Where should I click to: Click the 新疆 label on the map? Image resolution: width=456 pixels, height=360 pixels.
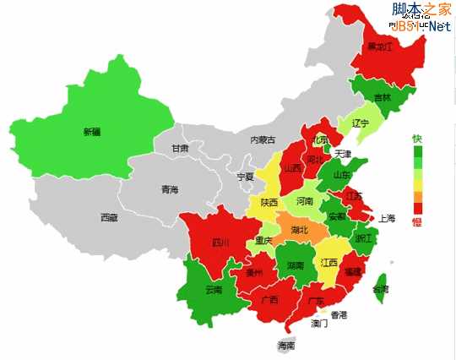tap(91, 132)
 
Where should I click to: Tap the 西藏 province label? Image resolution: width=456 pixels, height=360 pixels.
tap(109, 217)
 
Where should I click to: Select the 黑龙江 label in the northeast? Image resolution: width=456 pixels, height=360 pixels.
tap(378, 47)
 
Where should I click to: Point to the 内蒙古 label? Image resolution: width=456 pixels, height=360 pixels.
tap(263, 139)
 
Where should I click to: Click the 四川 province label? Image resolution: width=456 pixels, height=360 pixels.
tap(221, 243)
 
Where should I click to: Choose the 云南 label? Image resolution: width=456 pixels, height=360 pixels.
tap(214, 290)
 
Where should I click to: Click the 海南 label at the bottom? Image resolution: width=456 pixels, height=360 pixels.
tap(286, 346)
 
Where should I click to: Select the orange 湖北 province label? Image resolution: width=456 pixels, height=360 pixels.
tap(300, 229)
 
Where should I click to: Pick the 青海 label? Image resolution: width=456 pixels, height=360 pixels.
tap(170, 190)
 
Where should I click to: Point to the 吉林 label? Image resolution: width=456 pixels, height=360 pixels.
tap(383, 97)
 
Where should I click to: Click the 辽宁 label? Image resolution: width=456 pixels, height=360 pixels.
tap(361, 123)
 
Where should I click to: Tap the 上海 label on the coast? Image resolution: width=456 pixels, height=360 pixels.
tap(387, 217)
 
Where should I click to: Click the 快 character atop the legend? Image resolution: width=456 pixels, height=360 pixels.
tap(415, 139)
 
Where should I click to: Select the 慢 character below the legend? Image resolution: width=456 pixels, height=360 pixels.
tap(415, 222)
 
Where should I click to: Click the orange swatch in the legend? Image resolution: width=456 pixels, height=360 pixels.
tap(415, 196)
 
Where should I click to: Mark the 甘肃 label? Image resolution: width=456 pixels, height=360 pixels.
tap(180, 148)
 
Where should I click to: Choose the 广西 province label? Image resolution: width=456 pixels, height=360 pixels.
tap(270, 300)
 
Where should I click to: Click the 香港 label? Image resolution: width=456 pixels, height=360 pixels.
tap(338, 315)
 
